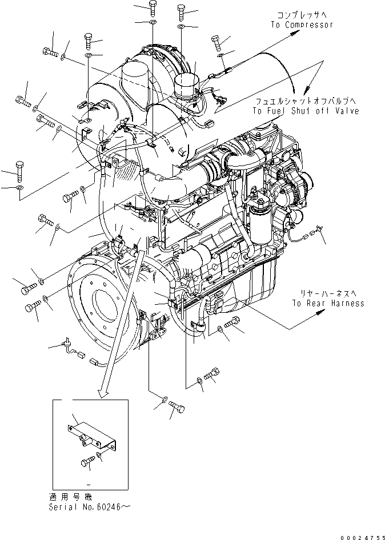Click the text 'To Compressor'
302,25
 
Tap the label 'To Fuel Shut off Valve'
307,111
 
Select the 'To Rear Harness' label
327,303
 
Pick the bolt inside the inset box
88,461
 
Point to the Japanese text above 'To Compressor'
301,15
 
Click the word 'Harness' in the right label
347,303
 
